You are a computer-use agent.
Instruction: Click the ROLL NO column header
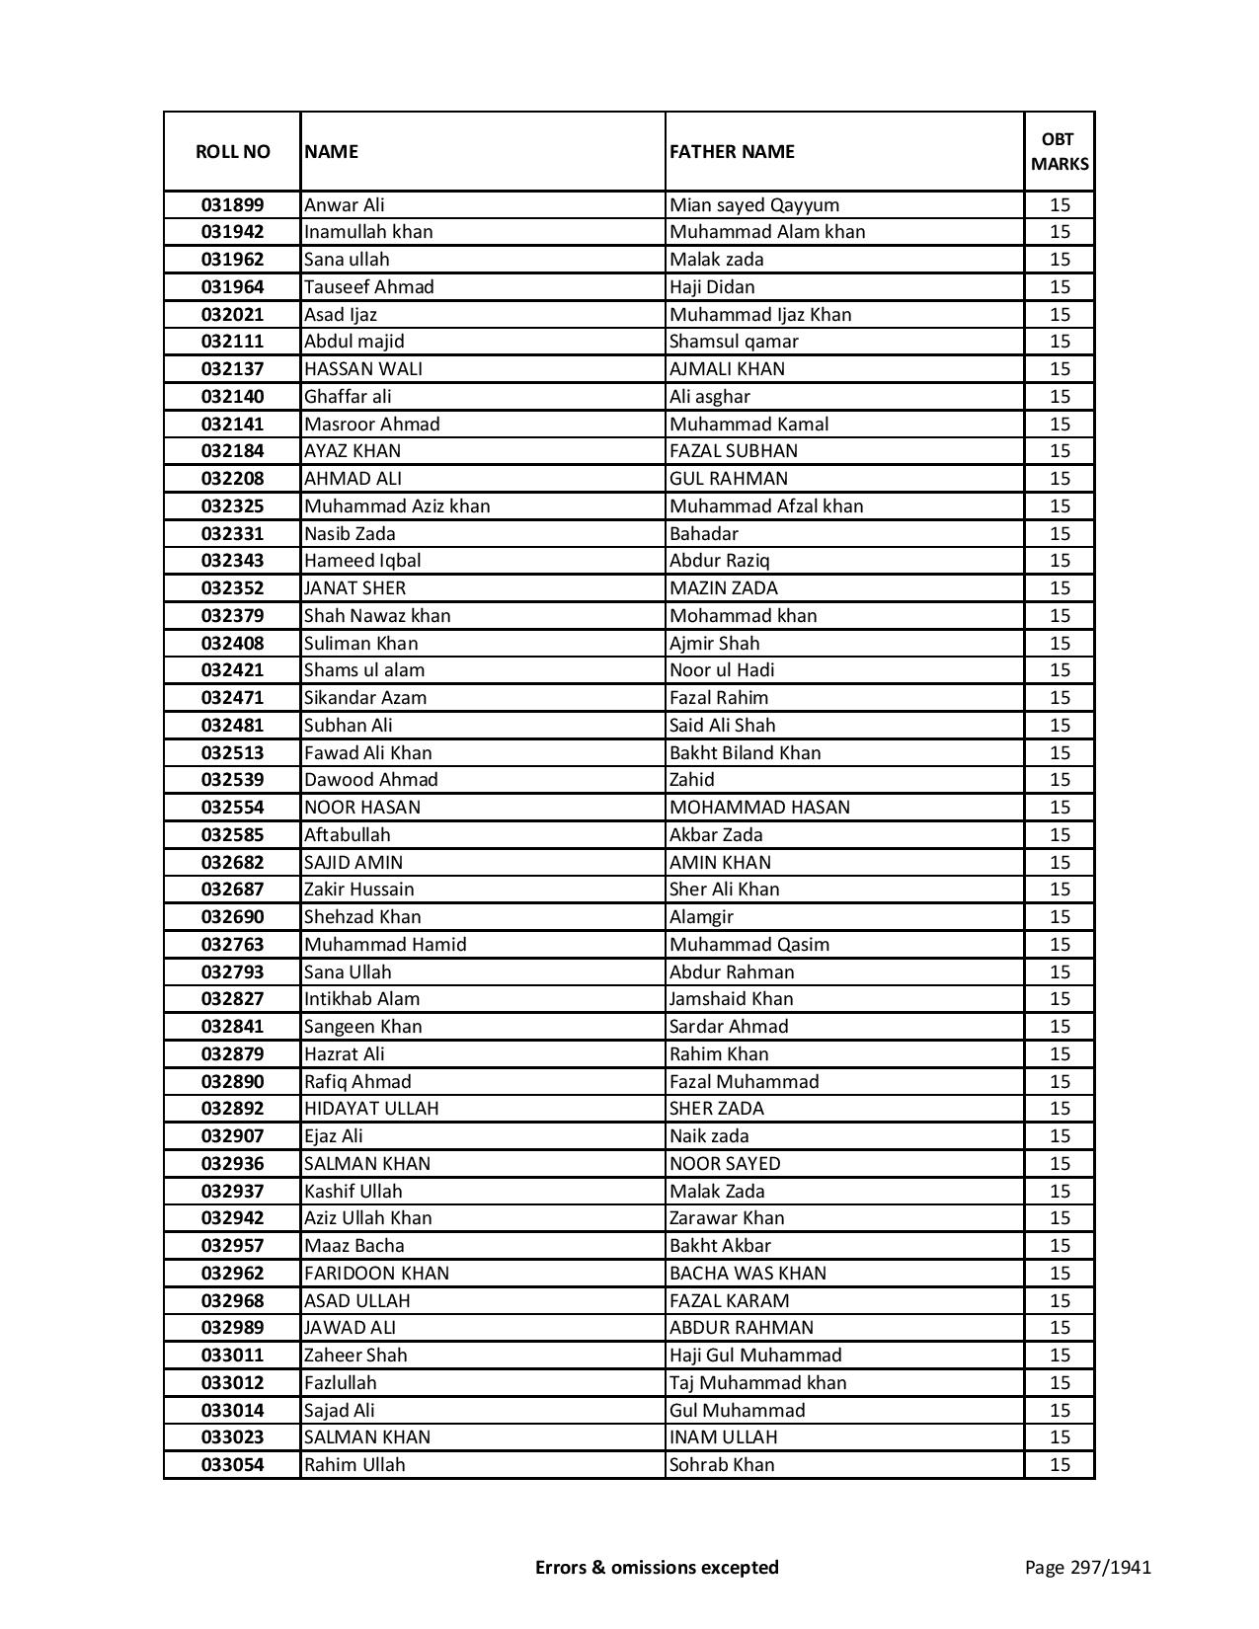tap(232, 151)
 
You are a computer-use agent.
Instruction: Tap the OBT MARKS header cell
tap(1060, 151)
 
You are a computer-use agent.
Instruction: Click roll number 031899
tap(232, 205)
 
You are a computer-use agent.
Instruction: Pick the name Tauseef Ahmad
tap(369, 287)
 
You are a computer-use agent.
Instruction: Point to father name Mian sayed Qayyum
tap(754, 205)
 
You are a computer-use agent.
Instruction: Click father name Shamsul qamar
tap(734, 342)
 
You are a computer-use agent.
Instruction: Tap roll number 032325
tap(232, 506)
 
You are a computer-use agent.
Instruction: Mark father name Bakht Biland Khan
tap(745, 753)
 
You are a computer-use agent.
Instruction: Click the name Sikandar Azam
tap(365, 698)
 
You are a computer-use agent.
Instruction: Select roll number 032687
tap(232, 890)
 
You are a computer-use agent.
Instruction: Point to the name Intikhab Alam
tap(361, 999)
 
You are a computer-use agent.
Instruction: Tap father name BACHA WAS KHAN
tap(748, 1274)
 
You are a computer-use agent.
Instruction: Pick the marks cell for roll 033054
tap(1060, 1465)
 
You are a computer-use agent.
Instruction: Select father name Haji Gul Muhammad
tap(755, 1356)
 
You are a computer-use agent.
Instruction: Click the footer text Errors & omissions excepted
tap(657, 1567)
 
